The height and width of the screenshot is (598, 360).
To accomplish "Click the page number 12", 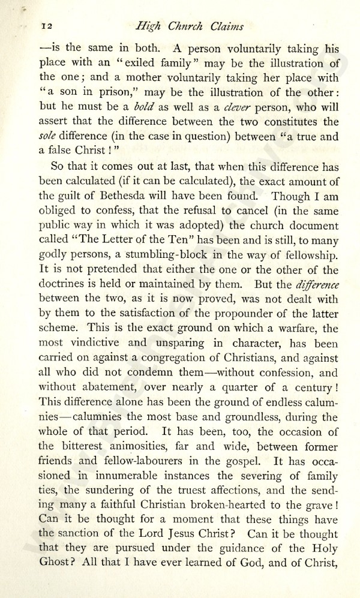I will (x=46, y=26).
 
